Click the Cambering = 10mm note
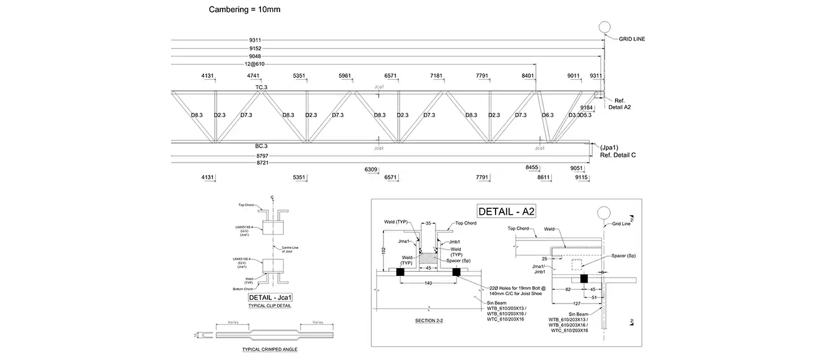pos(244,10)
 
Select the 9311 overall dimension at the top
pos(256,40)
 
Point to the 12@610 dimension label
pos(256,64)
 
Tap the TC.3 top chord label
pos(261,88)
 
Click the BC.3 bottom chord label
pos(261,146)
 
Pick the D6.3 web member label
pos(548,115)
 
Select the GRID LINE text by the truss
pos(632,39)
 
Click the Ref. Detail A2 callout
pos(622,104)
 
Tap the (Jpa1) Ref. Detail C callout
pos(617,151)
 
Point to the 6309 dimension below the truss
pos(371,170)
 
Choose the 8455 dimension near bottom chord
pos(532,167)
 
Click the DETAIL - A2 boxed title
pos(506,211)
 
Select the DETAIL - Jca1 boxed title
pos(274,297)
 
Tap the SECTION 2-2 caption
pos(429,321)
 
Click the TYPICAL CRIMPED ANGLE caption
pos(269,349)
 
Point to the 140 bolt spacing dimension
pos(428,283)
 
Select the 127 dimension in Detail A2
pos(577,304)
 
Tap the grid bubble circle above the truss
pos(604,28)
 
